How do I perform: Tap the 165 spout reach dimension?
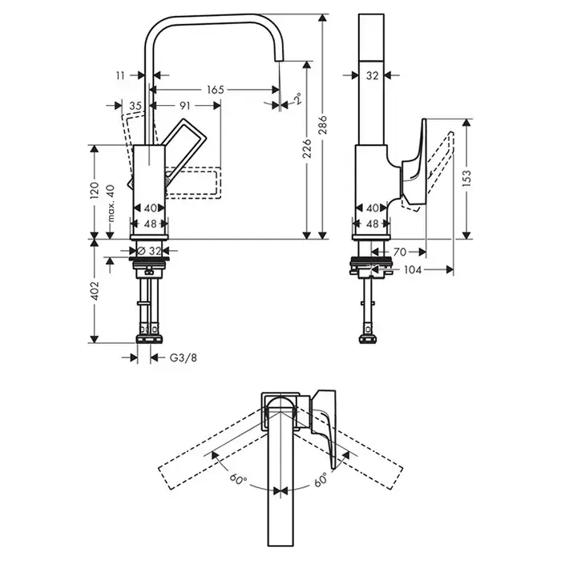[215, 89]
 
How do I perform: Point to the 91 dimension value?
[184, 105]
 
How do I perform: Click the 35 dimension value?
[135, 105]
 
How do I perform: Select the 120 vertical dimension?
[94, 191]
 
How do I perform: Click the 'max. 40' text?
[111, 204]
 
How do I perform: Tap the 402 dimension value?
[94, 289]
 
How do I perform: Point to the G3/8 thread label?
[183, 357]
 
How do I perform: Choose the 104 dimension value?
[412, 270]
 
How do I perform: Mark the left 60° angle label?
[237, 480]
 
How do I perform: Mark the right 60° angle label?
[321, 479]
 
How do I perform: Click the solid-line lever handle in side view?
[414, 164]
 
